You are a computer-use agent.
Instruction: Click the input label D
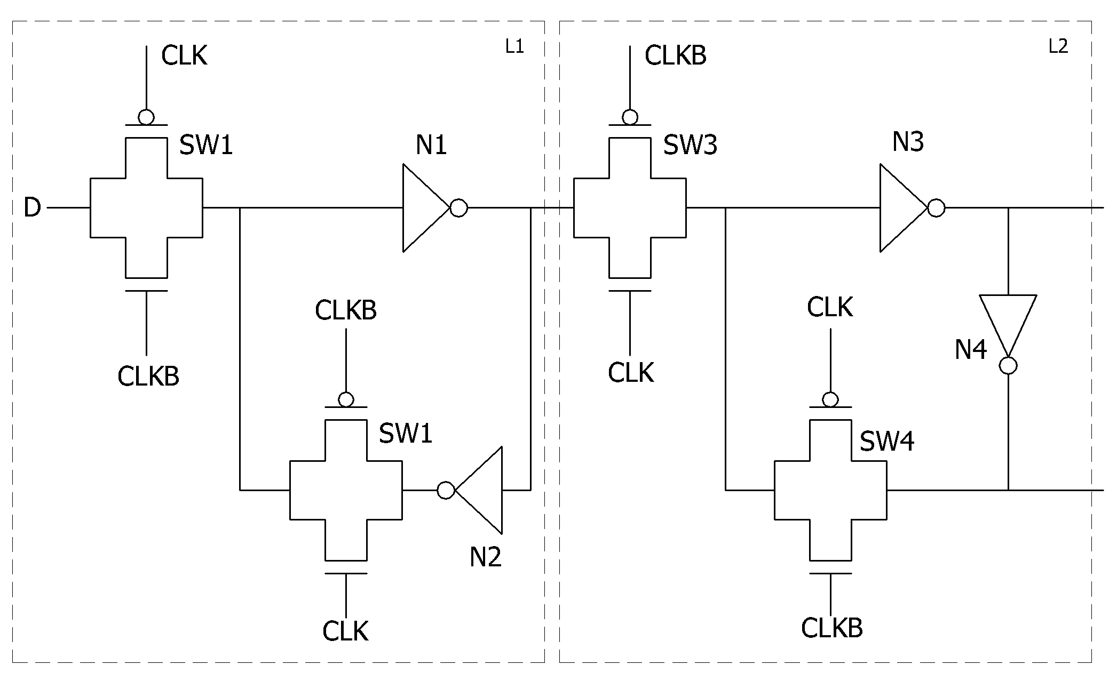[32, 207]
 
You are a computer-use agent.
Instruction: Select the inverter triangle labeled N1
[426, 207]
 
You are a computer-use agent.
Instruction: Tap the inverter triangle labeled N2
[479, 490]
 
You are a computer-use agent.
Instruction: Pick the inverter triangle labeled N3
[904, 207]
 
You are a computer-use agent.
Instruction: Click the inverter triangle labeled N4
[1008, 326]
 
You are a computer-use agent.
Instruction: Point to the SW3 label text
[690, 145]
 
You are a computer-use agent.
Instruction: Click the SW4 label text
[887, 442]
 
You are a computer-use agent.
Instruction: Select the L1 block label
[515, 47]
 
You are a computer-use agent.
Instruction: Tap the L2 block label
[1059, 47]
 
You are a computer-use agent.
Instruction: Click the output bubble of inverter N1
[459, 208]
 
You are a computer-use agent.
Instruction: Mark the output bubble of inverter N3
[937, 208]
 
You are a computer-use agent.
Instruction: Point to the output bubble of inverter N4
[1008, 366]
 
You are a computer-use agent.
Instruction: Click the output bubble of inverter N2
[446, 490]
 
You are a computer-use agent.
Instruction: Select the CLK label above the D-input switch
[184, 55]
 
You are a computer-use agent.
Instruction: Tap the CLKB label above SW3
[676, 55]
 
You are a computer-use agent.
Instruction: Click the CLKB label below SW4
[832, 628]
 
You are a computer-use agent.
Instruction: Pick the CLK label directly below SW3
[631, 373]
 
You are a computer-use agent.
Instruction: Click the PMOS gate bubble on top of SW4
[830, 399]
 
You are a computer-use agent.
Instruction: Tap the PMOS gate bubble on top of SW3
[630, 117]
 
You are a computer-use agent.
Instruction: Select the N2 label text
[486, 557]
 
